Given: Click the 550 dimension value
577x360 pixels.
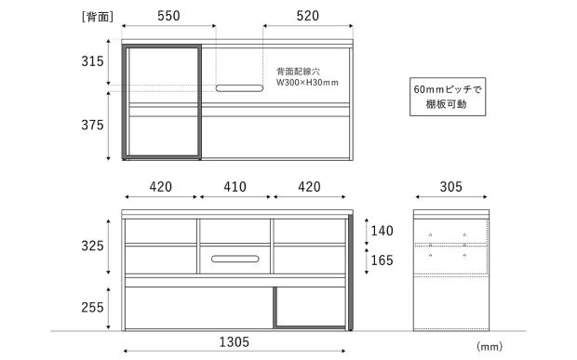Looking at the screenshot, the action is coord(168,16).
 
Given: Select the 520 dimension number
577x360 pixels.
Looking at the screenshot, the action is coord(308,16).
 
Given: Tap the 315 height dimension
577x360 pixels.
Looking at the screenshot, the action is coord(92,61).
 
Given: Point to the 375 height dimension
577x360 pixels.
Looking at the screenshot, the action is coord(92,125).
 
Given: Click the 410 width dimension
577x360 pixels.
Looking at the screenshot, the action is coord(235,187).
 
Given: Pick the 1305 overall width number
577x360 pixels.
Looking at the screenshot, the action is coord(235,342).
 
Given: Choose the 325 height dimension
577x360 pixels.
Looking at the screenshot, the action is coord(92,246).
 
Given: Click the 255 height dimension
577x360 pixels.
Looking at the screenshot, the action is coord(92,307).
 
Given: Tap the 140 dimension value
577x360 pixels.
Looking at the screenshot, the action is coord(382,231).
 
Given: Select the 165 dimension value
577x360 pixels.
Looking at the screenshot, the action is coord(382,260).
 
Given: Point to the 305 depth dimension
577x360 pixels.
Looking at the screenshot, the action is coord(450,187).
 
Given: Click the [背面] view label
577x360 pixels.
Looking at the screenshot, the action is coord(98,17).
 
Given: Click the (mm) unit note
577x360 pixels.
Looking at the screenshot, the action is coord(490,346).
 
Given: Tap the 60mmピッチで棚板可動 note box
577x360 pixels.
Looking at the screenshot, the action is coord(448,97).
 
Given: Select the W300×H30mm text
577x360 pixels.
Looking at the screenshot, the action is coord(307,83).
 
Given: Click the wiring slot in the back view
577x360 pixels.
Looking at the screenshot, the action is coord(239,88).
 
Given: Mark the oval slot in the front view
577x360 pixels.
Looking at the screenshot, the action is coord(235,259).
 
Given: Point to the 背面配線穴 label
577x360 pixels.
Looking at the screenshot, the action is coord(298,72).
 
